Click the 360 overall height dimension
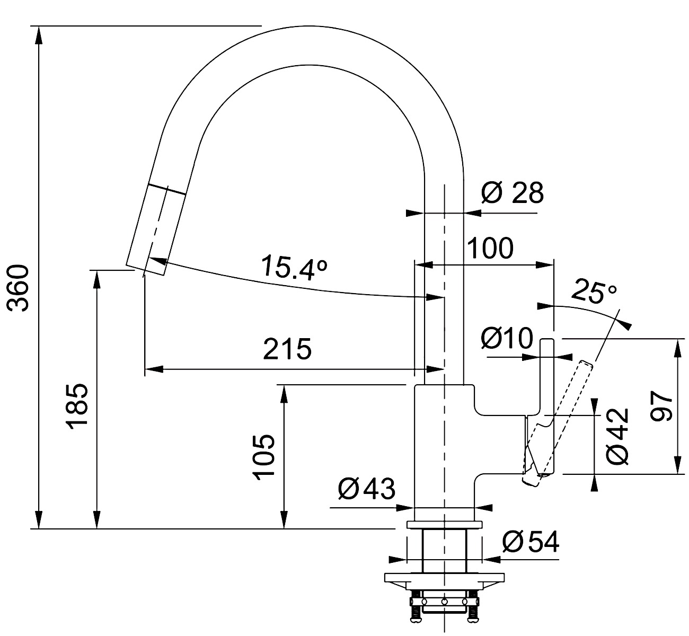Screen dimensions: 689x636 (x=18, y=288)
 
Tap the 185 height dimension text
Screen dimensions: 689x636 (x=78, y=407)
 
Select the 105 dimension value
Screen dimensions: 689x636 (x=263, y=457)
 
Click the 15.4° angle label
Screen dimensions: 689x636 (x=294, y=266)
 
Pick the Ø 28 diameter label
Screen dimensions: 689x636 (x=512, y=192)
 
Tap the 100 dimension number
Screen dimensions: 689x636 (x=490, y=248)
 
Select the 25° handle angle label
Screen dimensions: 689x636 (x=594, y=290)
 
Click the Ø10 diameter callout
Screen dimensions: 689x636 (x=507, y=338)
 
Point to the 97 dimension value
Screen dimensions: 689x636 (x=661, y=407)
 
